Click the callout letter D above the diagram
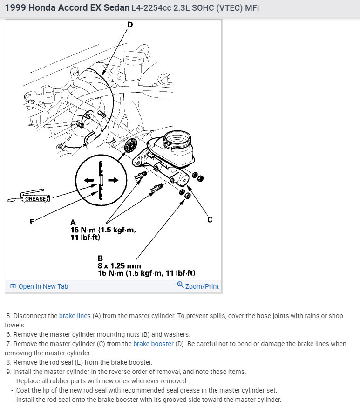(x=129, y=25)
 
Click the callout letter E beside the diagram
(x=32, y=222)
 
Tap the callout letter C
(x=210, y=219)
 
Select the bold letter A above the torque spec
(x=73, y=223)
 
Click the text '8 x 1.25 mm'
(x=119, y=266)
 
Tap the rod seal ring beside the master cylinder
(x=132, y=145)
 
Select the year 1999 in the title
(x=15, y=8)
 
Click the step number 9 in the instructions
(x=8, y=372)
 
